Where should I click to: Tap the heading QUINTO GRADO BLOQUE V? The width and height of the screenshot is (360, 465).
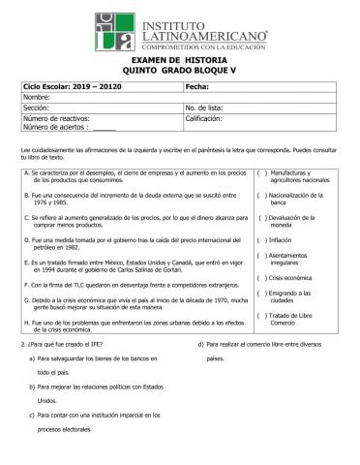[x=179, y=71]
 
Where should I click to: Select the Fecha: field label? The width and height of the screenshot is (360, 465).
[x=197, y=87]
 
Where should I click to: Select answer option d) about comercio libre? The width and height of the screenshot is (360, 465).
[x=256, y=344]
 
